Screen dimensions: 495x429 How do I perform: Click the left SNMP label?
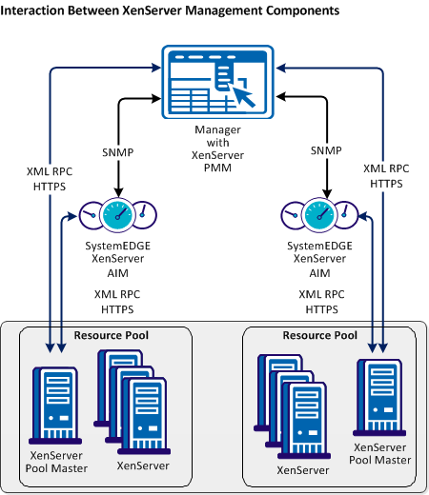point(116,150)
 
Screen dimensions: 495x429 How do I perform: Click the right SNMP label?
point(326,150)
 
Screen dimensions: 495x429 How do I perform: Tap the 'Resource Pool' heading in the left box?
point(115,335)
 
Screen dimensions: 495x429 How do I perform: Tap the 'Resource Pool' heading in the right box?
point(320,335)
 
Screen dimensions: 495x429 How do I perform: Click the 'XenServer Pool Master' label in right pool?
point(382,453)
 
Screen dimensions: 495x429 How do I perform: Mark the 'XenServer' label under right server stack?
point(302,469)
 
